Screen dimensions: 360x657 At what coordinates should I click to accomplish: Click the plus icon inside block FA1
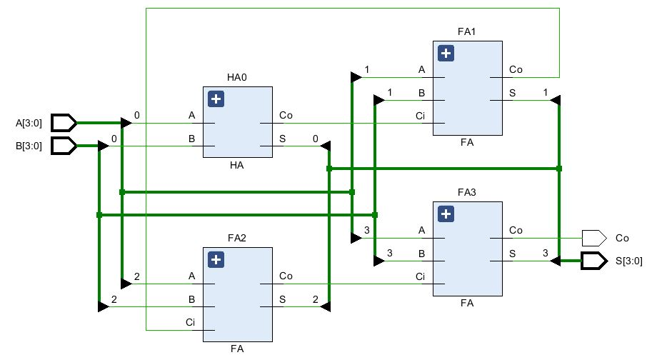(446, 54)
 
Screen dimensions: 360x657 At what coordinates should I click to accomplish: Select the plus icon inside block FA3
(446, 214)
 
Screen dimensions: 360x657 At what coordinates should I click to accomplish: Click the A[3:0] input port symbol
(64, 123)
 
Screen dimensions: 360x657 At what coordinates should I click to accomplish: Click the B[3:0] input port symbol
(64, 146)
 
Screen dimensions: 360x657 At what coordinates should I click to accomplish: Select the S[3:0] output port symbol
(593, 261)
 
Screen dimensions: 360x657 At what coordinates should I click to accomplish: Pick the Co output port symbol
(593, 237)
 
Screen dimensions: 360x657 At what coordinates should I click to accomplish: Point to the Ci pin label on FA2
(191, 323)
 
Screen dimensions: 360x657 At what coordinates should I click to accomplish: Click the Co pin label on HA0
(286, 115)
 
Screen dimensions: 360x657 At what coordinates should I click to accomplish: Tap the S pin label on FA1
(512, 93)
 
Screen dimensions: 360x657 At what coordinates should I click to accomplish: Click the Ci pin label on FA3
(420, 276)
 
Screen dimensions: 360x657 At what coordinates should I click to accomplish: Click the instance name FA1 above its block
(466, 32)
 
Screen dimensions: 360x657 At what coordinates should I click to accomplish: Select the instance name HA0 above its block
(237, 78)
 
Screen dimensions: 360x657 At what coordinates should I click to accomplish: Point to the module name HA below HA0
(237, 165)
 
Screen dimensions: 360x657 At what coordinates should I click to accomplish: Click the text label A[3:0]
(29, 123)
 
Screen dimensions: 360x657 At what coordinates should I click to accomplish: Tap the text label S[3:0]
(628, 261)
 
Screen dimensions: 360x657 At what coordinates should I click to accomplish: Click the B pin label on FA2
(191, 299)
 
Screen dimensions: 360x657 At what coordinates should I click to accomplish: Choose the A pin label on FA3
(421, 230)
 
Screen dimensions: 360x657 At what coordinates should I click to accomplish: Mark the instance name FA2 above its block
(237, 239)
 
